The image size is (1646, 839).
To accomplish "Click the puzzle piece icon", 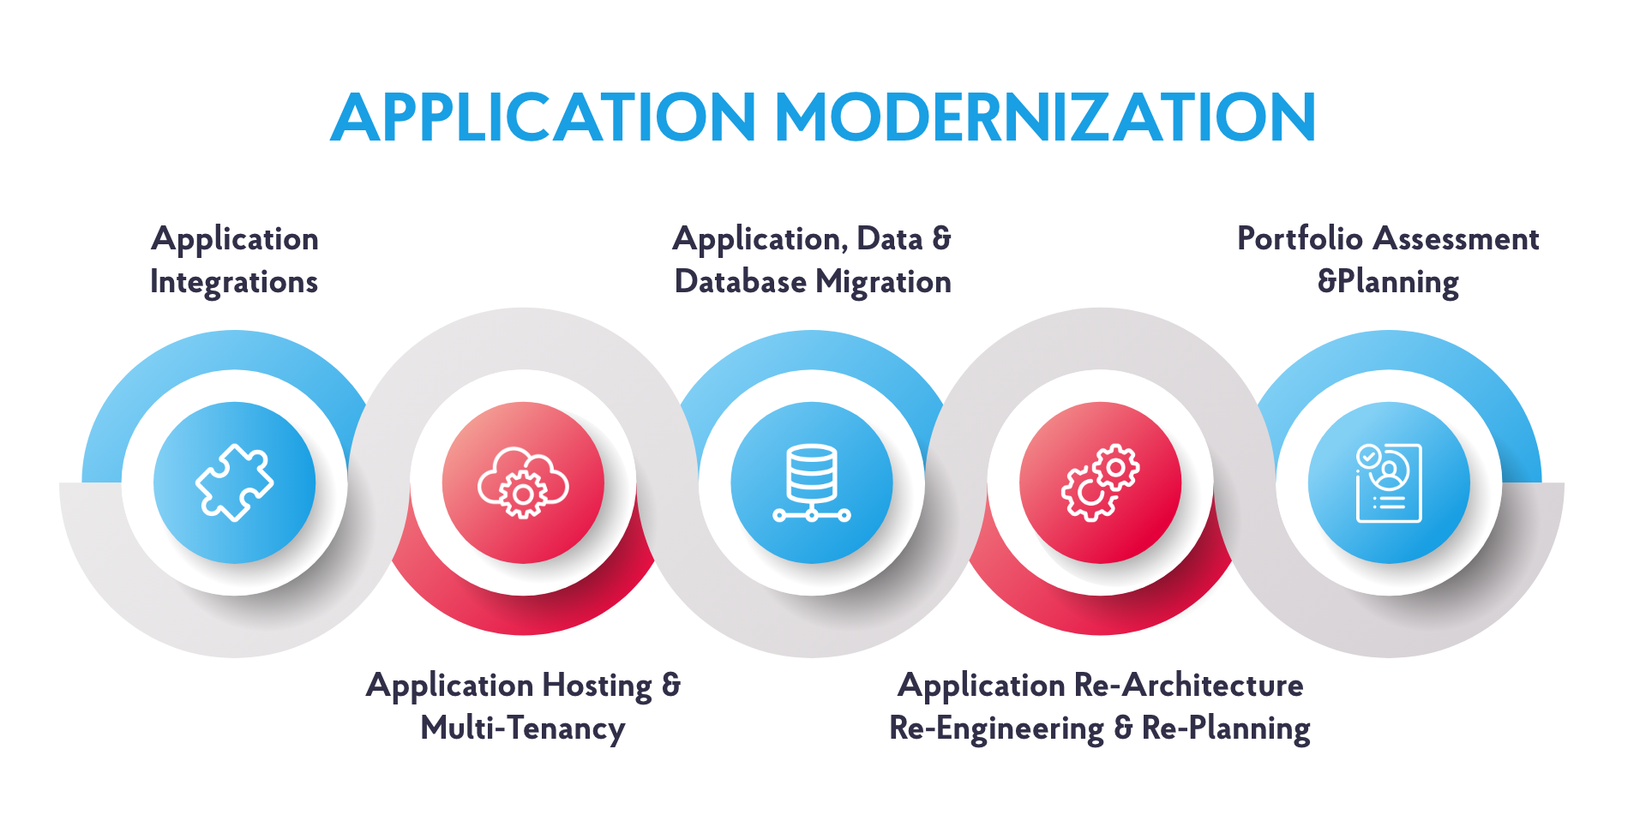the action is pos(235,482).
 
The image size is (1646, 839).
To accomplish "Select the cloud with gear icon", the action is pos(523,482).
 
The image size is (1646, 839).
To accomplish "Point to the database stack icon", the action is pos(812,483).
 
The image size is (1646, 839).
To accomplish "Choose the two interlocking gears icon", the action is pos(1101,482).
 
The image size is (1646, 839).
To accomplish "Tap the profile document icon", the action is pos(1389,483).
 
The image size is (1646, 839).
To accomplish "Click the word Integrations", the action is pos(234,283).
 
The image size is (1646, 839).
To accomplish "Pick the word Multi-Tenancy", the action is pos(523,728).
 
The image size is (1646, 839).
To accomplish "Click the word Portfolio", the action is pos(1301,238).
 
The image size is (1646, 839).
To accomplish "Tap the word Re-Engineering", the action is pos(996,728).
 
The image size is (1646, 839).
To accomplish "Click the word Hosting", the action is pos(598,686).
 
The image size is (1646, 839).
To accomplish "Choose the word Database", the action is pos(741,282).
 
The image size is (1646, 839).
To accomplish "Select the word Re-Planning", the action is pos(1226,728).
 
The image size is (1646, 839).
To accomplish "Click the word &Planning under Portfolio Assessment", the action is pos(1388,283).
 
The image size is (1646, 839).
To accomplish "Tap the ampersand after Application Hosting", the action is pos(671,685).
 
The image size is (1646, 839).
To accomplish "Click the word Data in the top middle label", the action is pos(890,238).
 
